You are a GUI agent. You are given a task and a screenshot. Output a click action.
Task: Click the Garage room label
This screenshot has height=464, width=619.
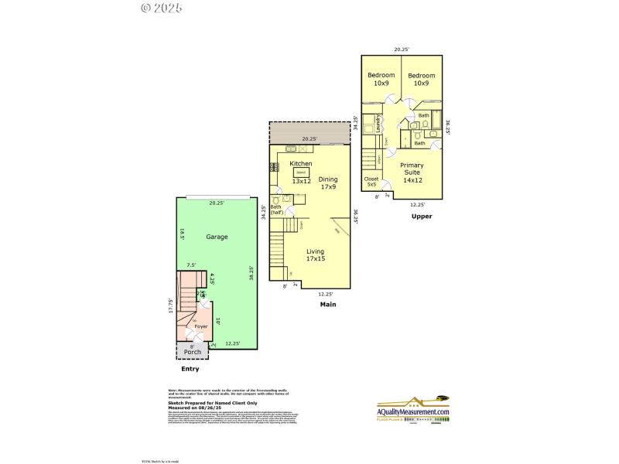pyautogui.click(x=217, y=237)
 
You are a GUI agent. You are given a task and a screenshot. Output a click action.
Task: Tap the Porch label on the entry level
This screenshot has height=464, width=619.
pyautogui.click(x=192, y=352)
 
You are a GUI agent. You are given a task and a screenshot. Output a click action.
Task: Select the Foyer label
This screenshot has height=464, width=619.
pyautogui.click(x=200, y=326)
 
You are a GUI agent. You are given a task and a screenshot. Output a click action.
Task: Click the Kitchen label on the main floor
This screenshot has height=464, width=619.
pyautogui.click(x=301, y=164)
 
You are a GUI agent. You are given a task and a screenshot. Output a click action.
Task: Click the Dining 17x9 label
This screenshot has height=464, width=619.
pyautogui.click(x=328, y=183)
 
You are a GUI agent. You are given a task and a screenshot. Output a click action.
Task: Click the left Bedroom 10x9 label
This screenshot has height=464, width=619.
pyautogui.click(x=381, y=79)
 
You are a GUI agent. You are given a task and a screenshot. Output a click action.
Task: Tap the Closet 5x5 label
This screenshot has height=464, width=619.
pyautogui.click(x=371, y=182)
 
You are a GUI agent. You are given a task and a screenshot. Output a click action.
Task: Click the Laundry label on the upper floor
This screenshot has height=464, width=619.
pyautogui.click(x=378, y=124)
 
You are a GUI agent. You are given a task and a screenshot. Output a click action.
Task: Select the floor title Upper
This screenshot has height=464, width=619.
pyautogui.click(x=422, y=216)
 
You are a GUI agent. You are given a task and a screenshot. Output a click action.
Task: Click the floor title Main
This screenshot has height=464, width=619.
pyautogui.click(x=328, y=305)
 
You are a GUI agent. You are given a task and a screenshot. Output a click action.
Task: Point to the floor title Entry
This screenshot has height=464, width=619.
pyautogui.click(x=190, y=369)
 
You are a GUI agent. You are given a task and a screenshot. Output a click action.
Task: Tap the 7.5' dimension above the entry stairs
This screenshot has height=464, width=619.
pyautogui.click(x=191, y=264)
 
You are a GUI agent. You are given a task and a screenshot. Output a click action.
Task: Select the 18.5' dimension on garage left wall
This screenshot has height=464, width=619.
pyautogui.click(x=182, y=236)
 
